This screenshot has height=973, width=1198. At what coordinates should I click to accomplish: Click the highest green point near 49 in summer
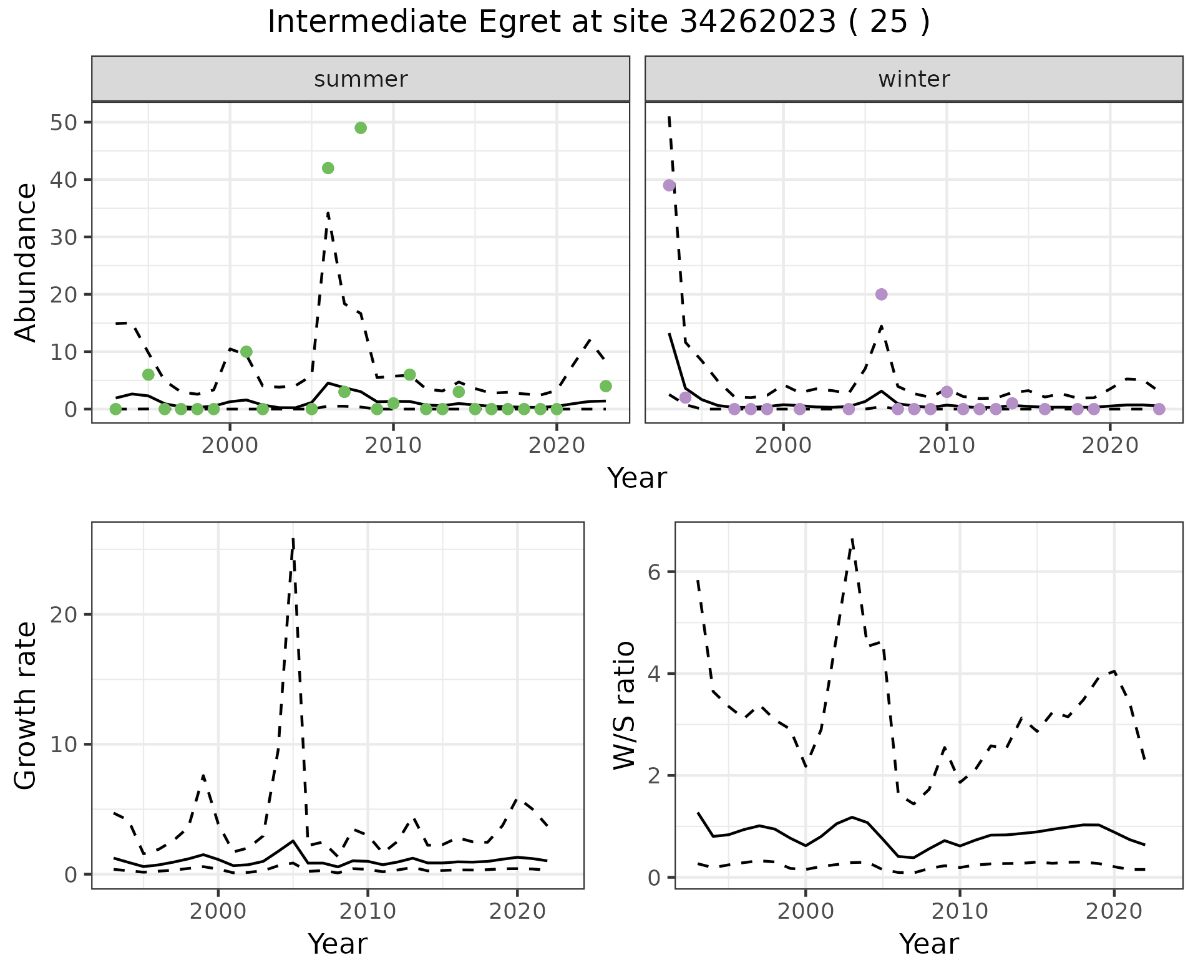point(361,128)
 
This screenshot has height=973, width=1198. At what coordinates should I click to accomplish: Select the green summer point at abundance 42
point(328,168)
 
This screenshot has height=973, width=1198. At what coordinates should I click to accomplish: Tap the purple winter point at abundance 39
point(669,185)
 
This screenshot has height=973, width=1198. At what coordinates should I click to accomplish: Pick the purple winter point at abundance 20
point(881,294)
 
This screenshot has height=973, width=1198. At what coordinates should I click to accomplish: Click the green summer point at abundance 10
point(246,352)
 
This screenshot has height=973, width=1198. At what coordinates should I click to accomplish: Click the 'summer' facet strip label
point(361,79)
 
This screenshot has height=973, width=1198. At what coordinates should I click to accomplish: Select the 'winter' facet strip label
point(913,79)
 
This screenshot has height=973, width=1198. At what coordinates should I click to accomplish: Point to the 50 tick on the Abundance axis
point(62,122)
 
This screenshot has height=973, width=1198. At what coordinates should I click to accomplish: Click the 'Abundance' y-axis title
point(26,262)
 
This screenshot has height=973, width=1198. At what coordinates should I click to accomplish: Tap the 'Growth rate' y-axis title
point(26,705)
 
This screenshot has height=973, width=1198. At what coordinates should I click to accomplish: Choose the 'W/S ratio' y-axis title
point(624,705)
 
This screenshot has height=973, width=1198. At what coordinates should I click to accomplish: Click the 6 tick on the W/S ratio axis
point(655,572)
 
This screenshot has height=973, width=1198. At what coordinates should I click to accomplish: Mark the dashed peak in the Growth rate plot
point(293,539)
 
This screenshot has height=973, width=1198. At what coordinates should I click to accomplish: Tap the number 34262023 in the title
point(757,22)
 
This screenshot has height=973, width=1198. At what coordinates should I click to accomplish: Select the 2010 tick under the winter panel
point(947,445)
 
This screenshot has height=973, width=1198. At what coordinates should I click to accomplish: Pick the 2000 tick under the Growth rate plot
point(218,911)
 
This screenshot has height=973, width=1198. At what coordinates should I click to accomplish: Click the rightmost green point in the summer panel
point(605,386)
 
